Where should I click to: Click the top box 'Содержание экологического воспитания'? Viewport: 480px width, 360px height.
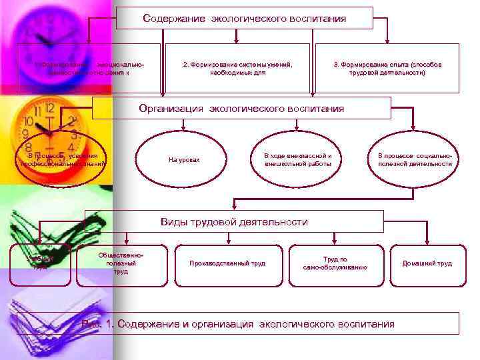tap(245, 18)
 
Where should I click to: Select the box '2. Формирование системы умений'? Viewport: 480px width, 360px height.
tap(237, 68)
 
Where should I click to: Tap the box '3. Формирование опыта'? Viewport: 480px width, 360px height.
tap(387, 68)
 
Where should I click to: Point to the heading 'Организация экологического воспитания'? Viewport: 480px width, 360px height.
tap(241, 108)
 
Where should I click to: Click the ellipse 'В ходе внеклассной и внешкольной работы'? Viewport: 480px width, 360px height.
tap(297, 159)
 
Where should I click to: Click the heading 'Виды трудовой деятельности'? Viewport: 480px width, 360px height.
tap(234, 221)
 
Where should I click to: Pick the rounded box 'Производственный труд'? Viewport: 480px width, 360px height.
tap(227, 263)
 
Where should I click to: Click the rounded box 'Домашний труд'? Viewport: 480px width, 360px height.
tap(427, 263)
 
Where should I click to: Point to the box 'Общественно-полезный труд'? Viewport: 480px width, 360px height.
tap(121, 263)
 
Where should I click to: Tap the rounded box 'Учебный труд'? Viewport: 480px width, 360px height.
tap(40, 263)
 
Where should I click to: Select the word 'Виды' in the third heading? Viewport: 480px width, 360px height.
tap(175, 221)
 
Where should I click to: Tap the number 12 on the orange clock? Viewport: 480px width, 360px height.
tap(47, 109)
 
